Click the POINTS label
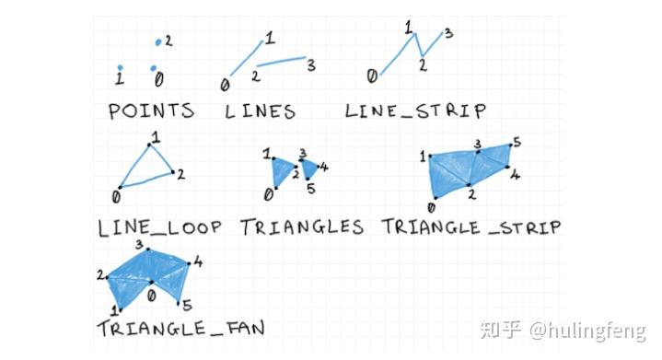tap(151, 111)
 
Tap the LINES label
tap(260, 111)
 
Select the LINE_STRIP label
tap(415, 111)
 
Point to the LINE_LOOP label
tap(158, 226)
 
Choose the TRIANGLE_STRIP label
tap(471, 226)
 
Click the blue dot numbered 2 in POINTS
tap(158, 42)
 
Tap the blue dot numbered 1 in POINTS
tap(120, 67)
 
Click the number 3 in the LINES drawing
tap(311, 64)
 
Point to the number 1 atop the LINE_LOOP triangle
tap(155, 137)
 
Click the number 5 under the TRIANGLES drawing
tap(310, 189)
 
